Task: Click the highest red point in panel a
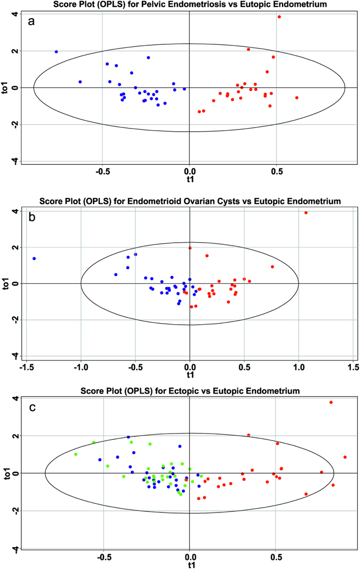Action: click(x=279, y=17)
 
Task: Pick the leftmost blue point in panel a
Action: click(x=56, y=52)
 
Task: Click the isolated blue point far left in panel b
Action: click(x=34, y=259)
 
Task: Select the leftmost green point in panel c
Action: click(x=76, y=454)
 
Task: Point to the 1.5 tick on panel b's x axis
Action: click(x=353, y=368)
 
